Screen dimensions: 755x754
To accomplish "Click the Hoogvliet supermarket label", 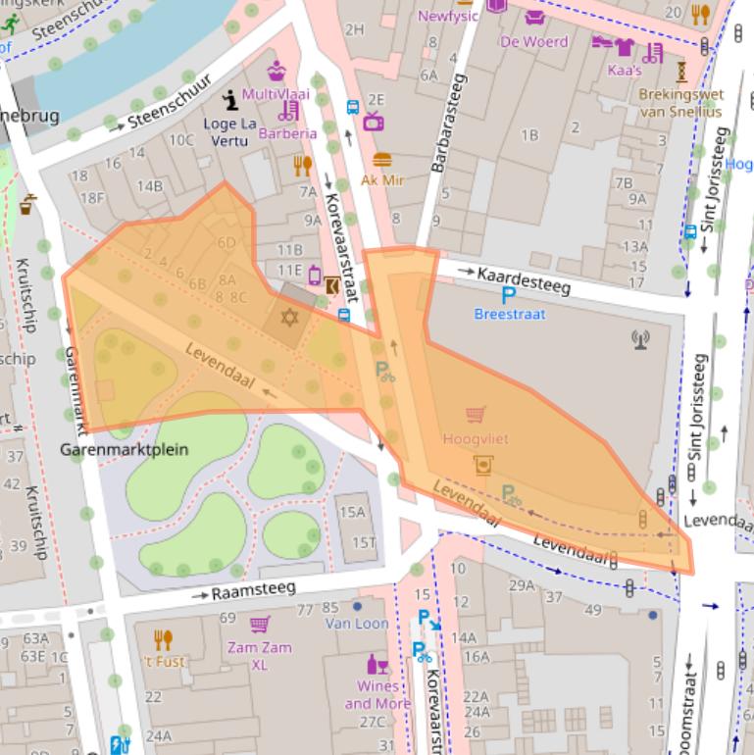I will pyautogui.click(x=476, y=439).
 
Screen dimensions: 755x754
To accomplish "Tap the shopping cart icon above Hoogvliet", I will pyautogui.click(x=477, y=415).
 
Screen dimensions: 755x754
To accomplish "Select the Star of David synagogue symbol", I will pyautogui.click(x=288, y=318).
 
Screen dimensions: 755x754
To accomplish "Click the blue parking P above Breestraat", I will pyautogui.click(x=509, y=295).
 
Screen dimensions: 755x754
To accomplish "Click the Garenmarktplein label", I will pyautogui.click(x=124, y=451).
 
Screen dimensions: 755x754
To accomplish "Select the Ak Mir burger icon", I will pyautogui.click(x=381, y=160).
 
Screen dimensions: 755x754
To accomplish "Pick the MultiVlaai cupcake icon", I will pyautogui.click(x=277, y=71).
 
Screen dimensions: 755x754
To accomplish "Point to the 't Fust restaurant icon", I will pyautogui.click(x=163, y=640).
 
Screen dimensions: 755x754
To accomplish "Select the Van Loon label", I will pyautogui.click(x=357, y=623).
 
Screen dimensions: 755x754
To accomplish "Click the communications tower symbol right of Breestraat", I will pyautogui.click(x=640, y=339).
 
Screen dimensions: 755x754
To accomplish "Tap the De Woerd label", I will pyautogui.click(x=533, y=42).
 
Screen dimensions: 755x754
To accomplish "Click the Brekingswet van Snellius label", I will pyautogui.click(x=680, y=103).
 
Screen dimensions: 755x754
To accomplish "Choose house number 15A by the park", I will pyautogui.click(x=352, y=512).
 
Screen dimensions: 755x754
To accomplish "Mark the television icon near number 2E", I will pyautogui.click(x=373, y=122).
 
